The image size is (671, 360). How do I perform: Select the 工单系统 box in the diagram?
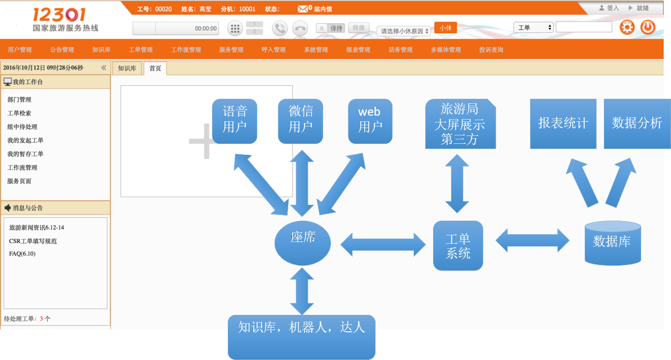pyautogui.click(x=458, y=245)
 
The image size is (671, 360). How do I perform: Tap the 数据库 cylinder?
pyautogui.click(x=612, y=243)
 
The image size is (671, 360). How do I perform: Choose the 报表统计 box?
pyautogui.click(x=563, y=124)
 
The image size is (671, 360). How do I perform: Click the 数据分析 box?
pyautogui.click(x=637, y=124)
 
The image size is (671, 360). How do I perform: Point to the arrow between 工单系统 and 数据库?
pyautogui.click(x=532, y=240)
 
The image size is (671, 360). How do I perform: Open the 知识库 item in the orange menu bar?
pyautogui.click(x=101, y=50)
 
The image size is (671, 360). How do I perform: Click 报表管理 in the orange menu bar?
pyautogui.click(x=358, y=50)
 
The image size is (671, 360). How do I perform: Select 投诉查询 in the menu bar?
pyautogui.click(x=491, y=50)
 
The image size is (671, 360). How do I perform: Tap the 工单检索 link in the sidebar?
pyautogui.click(x=19, y=113)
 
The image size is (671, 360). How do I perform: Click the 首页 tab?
pyautogui.click(x=155, y=68)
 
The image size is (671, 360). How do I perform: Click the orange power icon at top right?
pyautogui.click(x=648, y=27)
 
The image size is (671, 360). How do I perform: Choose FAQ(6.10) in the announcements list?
pyautogui.click(x=23, y=253)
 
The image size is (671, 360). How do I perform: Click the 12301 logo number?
pyautogui.click(x=59, y=15)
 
